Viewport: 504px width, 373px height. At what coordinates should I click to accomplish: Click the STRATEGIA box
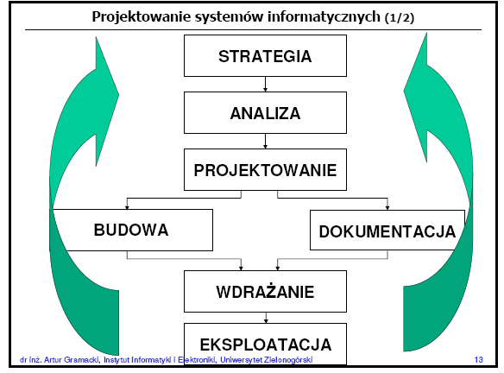(x=265, y=55)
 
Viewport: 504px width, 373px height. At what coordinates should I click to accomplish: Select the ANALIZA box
(x=265, y=112)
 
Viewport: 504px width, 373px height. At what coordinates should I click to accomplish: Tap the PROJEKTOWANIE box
(x=265, y=169)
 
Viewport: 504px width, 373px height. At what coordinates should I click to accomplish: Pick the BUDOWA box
(x=132, y=230)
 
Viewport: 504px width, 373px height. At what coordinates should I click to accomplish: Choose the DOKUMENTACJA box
(x=387, y=230)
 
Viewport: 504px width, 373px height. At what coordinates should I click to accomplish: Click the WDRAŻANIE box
(x=265, y=291)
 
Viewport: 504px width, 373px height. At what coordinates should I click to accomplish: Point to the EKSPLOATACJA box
(x=265, y=344)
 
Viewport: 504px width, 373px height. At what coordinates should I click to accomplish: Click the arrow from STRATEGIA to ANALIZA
(x=265, y=85)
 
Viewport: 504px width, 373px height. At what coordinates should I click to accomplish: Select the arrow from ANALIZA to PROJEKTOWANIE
(x=265, y=141)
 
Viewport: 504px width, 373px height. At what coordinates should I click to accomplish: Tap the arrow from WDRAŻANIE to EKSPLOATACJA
(x=266, y=318)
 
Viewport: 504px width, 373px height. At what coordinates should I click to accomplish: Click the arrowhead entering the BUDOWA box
(x=127, y=207)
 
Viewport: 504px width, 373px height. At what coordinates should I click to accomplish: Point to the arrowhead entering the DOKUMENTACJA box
(x=387, y=208)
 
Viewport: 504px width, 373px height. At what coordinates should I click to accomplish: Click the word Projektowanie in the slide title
(x=142, y=16)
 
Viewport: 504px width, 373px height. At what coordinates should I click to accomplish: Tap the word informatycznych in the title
(x=324, y=17)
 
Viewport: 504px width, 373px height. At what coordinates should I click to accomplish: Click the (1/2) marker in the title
(x=400, y=17)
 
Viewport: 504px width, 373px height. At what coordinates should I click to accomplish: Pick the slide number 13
(x=479, y=359)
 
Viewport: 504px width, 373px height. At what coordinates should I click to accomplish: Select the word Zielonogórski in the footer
(x=288, y=360)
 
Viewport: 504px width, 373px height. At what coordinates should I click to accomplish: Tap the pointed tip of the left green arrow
(x=96, y=37)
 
